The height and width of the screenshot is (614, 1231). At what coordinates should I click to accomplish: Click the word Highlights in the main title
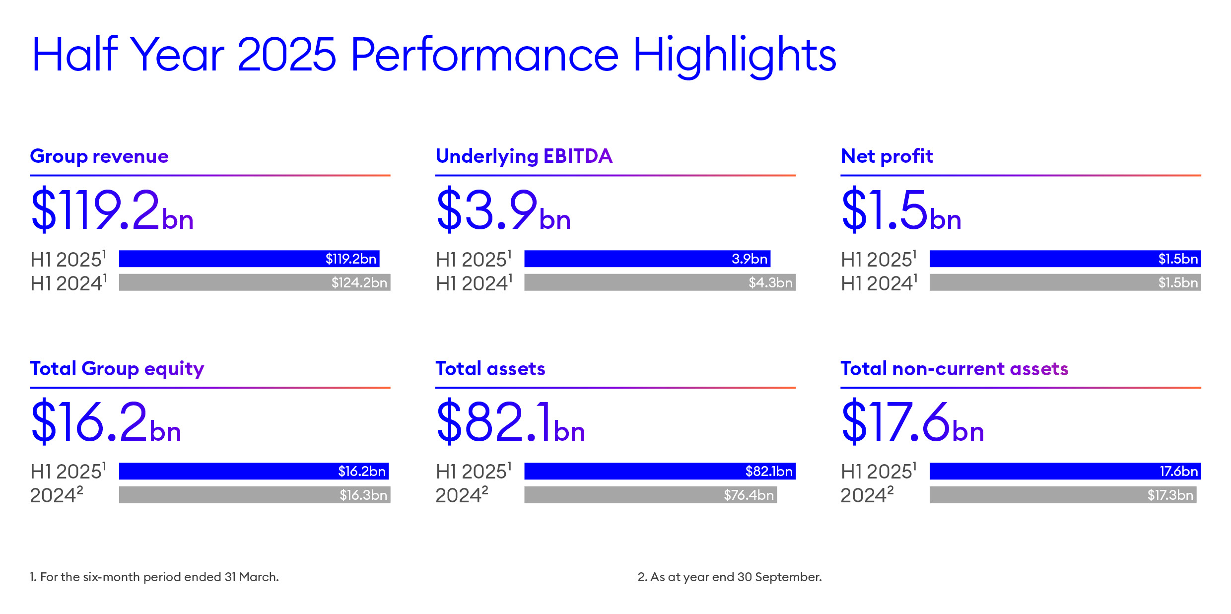tap(734, 56)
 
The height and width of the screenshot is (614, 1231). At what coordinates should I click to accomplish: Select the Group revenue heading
tap(99, 156)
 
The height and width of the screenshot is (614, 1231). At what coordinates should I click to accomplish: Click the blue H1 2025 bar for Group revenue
tap(249, 259)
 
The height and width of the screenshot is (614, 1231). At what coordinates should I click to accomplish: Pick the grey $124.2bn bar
tap(254, 282)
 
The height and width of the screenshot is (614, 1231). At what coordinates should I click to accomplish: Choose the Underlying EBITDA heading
tap(524, 156)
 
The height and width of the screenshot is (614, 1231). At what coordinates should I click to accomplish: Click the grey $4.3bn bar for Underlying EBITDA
tap(660, 282)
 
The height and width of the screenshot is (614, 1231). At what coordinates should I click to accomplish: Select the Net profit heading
tap(887, 156)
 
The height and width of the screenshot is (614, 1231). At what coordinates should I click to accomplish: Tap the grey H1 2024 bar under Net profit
tap(1065, 282)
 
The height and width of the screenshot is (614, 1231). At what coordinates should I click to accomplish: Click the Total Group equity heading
tap(117, 369)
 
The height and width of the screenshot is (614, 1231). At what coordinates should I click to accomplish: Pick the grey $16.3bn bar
tap(254, 495)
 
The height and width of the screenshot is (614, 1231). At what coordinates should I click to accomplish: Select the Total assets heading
tap(490, 369)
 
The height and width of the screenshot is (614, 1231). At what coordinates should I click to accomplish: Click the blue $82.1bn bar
tap(660, 471)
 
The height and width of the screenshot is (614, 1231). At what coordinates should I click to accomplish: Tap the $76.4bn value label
tap(749, 495)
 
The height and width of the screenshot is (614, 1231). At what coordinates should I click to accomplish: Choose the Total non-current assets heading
tap(954, 369)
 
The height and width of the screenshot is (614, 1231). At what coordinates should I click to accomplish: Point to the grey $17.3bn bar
tap(1063, 495)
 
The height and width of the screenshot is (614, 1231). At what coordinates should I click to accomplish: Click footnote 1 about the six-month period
tap(154, 577)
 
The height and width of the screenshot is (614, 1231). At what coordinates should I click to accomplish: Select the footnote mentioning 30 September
tap(730, 577)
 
